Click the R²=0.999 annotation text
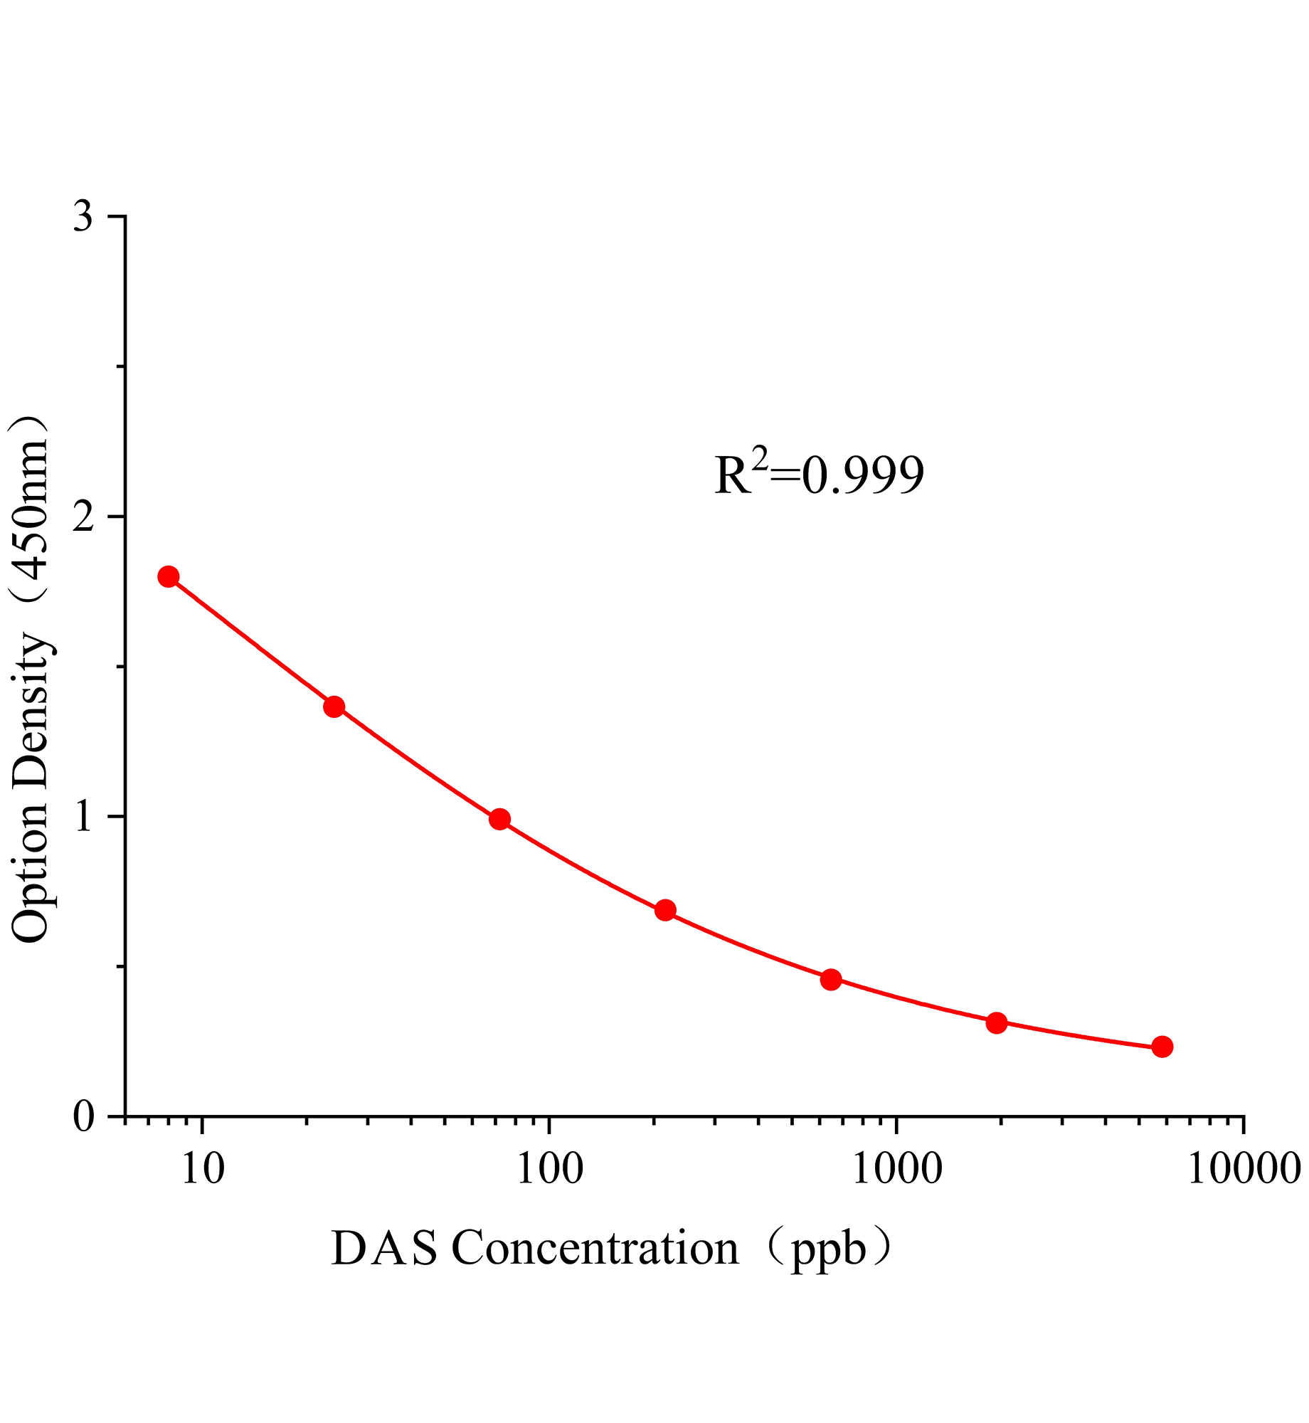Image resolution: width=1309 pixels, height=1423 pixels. click(x=819, y=475)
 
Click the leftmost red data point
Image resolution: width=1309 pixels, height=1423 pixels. click(x=169, y=576)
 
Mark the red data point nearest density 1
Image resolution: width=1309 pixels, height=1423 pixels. click(x=499, y=819)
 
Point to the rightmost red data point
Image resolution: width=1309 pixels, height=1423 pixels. click(x=1162, y=1047)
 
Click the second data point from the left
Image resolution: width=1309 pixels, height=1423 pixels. click(x=334, y=707)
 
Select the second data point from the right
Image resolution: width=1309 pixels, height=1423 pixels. click(x=997, y=1023)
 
